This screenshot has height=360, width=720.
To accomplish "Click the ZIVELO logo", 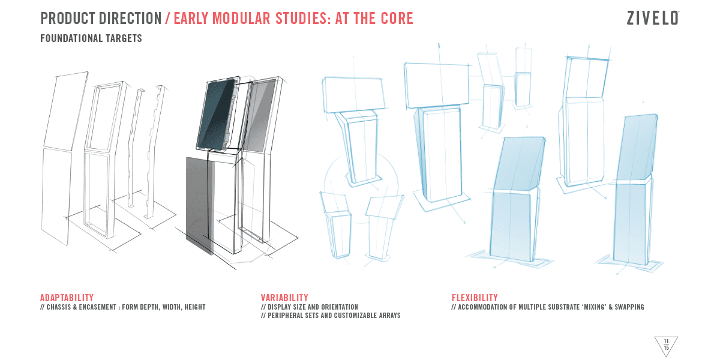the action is pyautogui.click(x=653, y=18).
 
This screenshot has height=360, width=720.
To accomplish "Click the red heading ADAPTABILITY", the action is pyautogui.click(x=67, y=298).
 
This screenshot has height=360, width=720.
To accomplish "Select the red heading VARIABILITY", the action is pyautogui.click(x=284, y=298).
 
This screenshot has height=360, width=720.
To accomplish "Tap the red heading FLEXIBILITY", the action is pyautogui.click(x=475, y=298).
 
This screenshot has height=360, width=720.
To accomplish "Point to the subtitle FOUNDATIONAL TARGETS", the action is pyautogui.click(x=91, y=38).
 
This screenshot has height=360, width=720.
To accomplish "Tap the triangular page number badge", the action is pyautogui.click(x=666, y=346).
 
